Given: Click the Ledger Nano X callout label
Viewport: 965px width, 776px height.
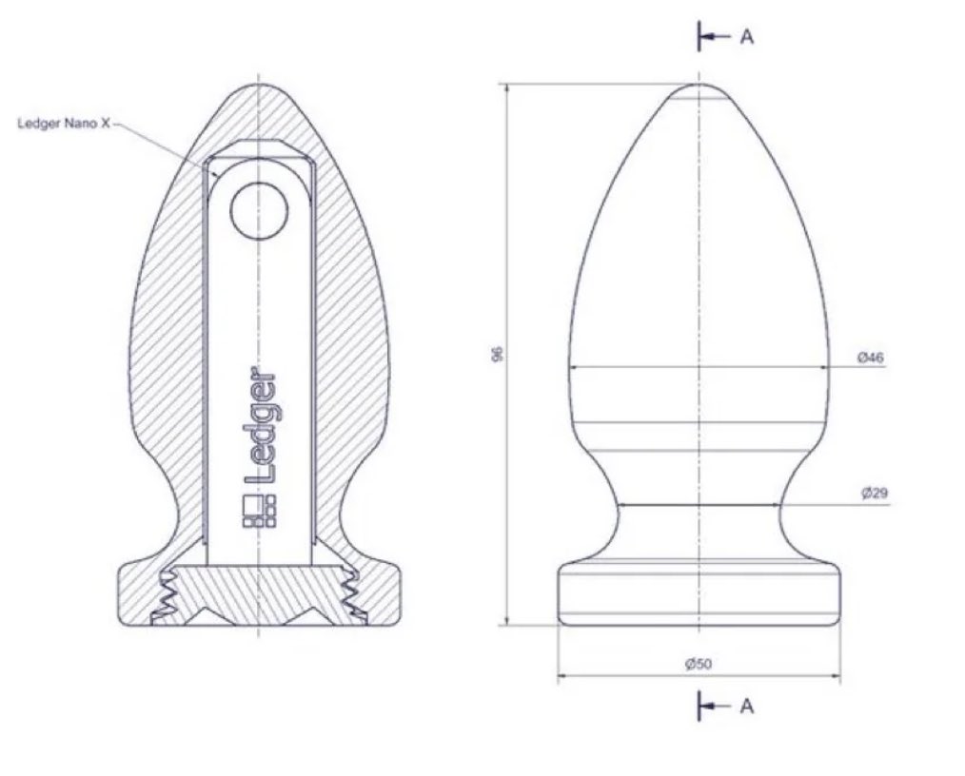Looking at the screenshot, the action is tap(64, 123).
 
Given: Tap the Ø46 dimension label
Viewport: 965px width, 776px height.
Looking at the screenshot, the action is tap(871, 357).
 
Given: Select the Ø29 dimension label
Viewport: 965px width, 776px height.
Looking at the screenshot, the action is tap(875, 494).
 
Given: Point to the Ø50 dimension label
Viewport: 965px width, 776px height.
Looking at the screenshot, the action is tap(699, 664).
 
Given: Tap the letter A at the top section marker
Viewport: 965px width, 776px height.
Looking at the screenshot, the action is tap(746, 37).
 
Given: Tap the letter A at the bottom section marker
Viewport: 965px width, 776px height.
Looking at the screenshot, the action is tap(746, 706).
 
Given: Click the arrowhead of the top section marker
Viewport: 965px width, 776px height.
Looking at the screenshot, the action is tap(707, 37).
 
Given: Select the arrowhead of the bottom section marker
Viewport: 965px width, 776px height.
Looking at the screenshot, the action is tap(707, 706).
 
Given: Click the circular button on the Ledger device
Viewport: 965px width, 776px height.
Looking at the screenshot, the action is tap(259, 211).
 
